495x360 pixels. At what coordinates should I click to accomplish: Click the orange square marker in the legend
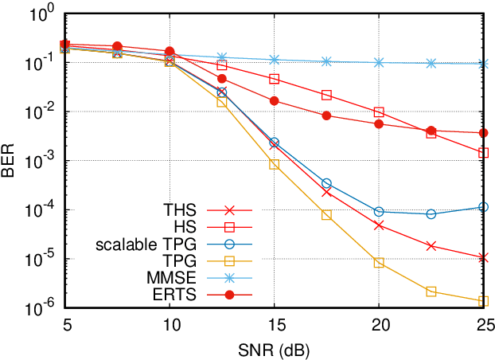click(229, 261)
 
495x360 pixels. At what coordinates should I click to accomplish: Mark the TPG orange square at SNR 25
click(483, 301)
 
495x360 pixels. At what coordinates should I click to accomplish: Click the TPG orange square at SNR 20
click(379, 263)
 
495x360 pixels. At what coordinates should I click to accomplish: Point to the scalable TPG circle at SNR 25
click(483, 207)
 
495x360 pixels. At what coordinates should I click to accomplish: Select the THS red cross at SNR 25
click(483, 257)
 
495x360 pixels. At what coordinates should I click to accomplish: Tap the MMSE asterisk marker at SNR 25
click(483, 64)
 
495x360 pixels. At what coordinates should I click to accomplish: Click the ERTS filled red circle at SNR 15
click(274, 100)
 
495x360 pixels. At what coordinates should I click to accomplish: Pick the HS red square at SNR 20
click(379, 112)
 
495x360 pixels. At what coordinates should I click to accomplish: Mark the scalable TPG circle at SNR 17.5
click(326, 183)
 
